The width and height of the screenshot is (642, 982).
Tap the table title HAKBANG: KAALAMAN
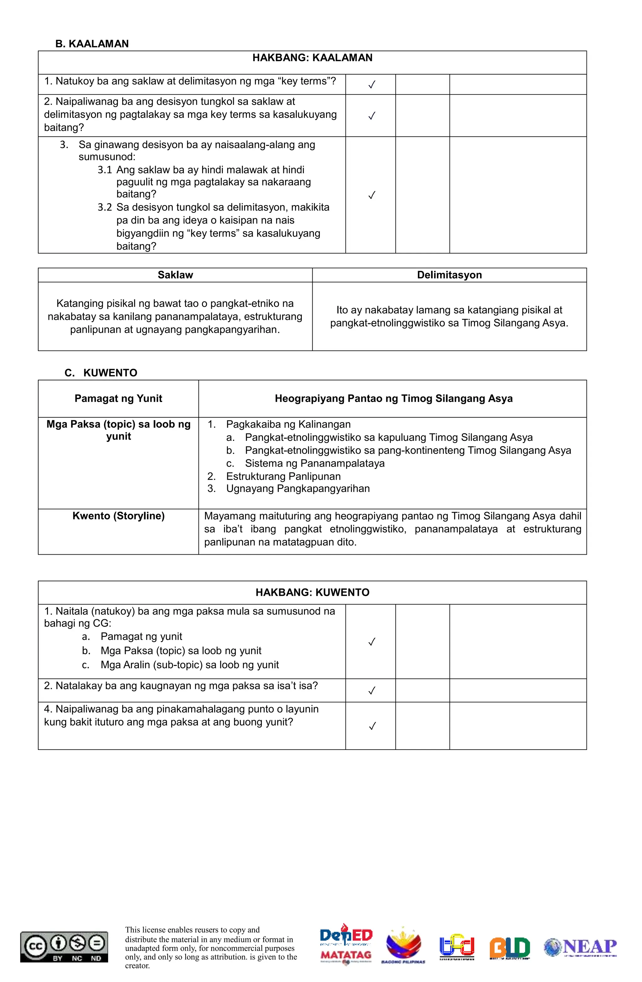click(312, 58)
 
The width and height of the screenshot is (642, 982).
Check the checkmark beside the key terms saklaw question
click(371, 85)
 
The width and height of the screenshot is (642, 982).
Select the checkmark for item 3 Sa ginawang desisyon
click(371, 195)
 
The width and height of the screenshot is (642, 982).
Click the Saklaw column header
click(175, 275)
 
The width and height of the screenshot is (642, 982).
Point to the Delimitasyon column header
click(449, 275)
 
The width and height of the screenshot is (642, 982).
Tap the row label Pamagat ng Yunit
click(118, 398)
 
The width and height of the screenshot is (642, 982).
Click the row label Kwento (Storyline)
click(118, 516)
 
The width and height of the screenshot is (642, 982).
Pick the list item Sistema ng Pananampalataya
click(314, 463)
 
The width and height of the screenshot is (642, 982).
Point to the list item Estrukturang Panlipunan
click(283, 476)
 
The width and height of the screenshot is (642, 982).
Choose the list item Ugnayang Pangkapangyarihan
click(297, 488)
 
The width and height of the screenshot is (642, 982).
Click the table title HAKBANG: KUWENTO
click(312, 593)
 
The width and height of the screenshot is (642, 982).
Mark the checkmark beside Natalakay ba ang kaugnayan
click(371, 691)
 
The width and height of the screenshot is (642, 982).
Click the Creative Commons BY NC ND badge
click(64, 947)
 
